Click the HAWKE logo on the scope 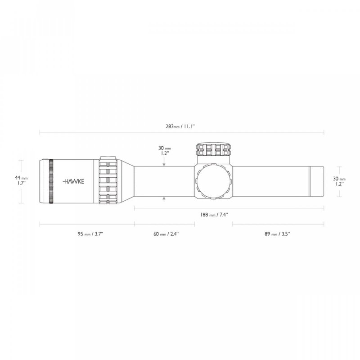[73, 181]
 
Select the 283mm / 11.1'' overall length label [180, 126]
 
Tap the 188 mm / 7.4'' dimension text [214, 215]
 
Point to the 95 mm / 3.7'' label [90, 234]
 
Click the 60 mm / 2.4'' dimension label [166, 234]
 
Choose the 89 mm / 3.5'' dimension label [277, 234]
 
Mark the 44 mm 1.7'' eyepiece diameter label [21, 180]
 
